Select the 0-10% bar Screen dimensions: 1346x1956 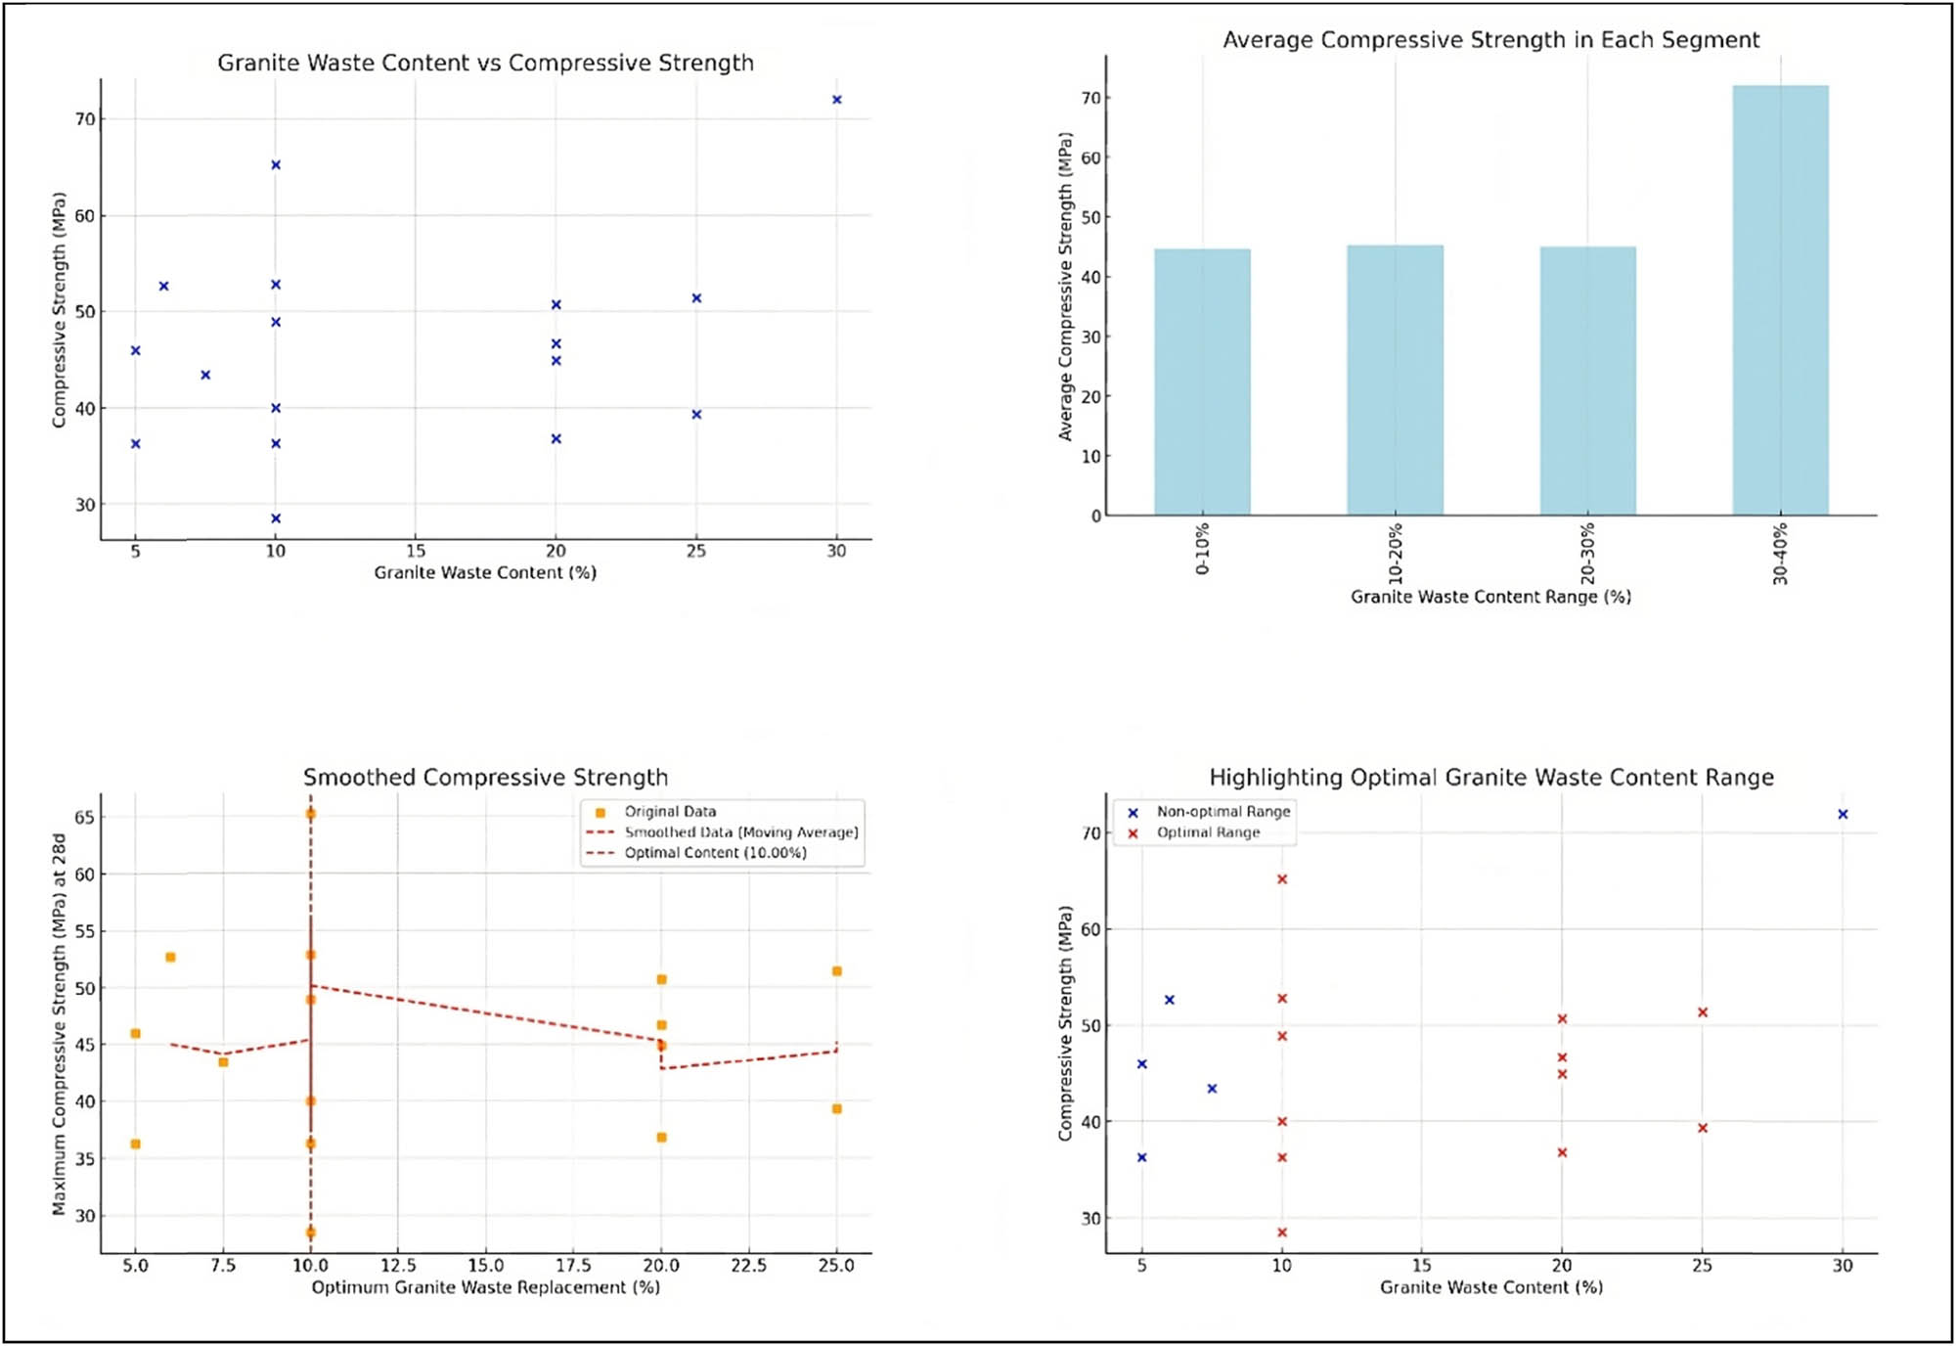point(1202,381)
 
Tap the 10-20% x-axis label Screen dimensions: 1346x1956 point(1396,554)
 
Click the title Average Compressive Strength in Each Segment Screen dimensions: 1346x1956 point(1490,40)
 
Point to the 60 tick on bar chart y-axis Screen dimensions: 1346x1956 point(1090,157)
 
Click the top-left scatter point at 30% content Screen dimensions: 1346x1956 point(836,100)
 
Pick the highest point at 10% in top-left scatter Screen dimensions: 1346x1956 point(276,165)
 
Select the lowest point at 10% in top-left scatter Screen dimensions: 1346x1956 point(276,518)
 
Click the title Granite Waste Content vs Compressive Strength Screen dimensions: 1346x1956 point(485,64)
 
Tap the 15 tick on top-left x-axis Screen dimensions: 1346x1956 point(416,552)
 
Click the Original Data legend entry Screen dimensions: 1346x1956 point(670,812)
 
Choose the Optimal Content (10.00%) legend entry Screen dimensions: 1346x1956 point(715,853)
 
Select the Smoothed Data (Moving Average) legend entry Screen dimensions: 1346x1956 point(740,832)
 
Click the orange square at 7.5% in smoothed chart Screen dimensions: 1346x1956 point(223,1062)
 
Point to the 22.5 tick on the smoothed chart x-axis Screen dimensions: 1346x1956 point(748,1266)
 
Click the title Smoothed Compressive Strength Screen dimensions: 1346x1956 point(485,778)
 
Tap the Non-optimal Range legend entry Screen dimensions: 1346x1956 point(1222,812)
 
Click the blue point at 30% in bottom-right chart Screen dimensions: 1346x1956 point(1843,815)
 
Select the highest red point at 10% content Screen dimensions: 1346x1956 point(1282,879)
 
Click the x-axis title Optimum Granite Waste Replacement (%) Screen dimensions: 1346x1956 point(485,1287)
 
